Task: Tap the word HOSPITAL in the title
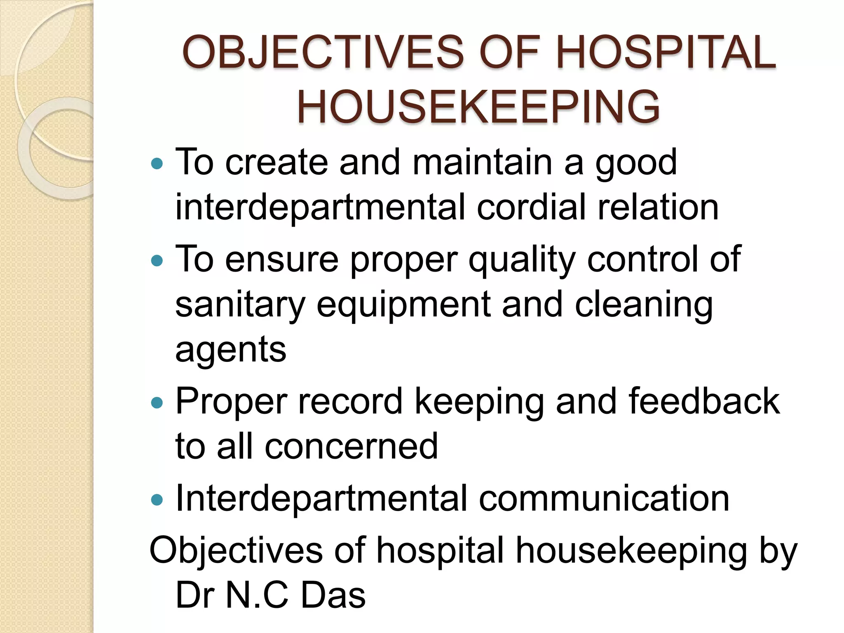pos(666,53)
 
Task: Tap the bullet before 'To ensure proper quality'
pos(157,261)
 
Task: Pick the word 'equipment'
pos(404,305)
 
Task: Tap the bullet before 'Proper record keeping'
pos(157,403)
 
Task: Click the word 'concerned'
pos(351,446)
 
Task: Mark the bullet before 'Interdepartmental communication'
pos(157,500)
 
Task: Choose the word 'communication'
pos(604,499)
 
